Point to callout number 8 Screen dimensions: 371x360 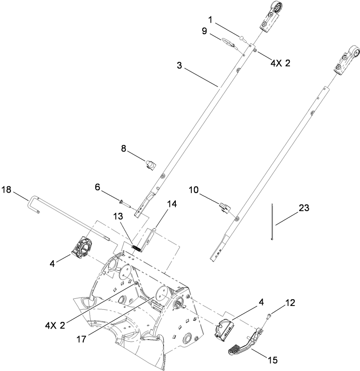[x=123, y=149]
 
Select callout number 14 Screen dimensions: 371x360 [x=172, y=204]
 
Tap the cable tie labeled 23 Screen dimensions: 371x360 [x=272, y=222]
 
